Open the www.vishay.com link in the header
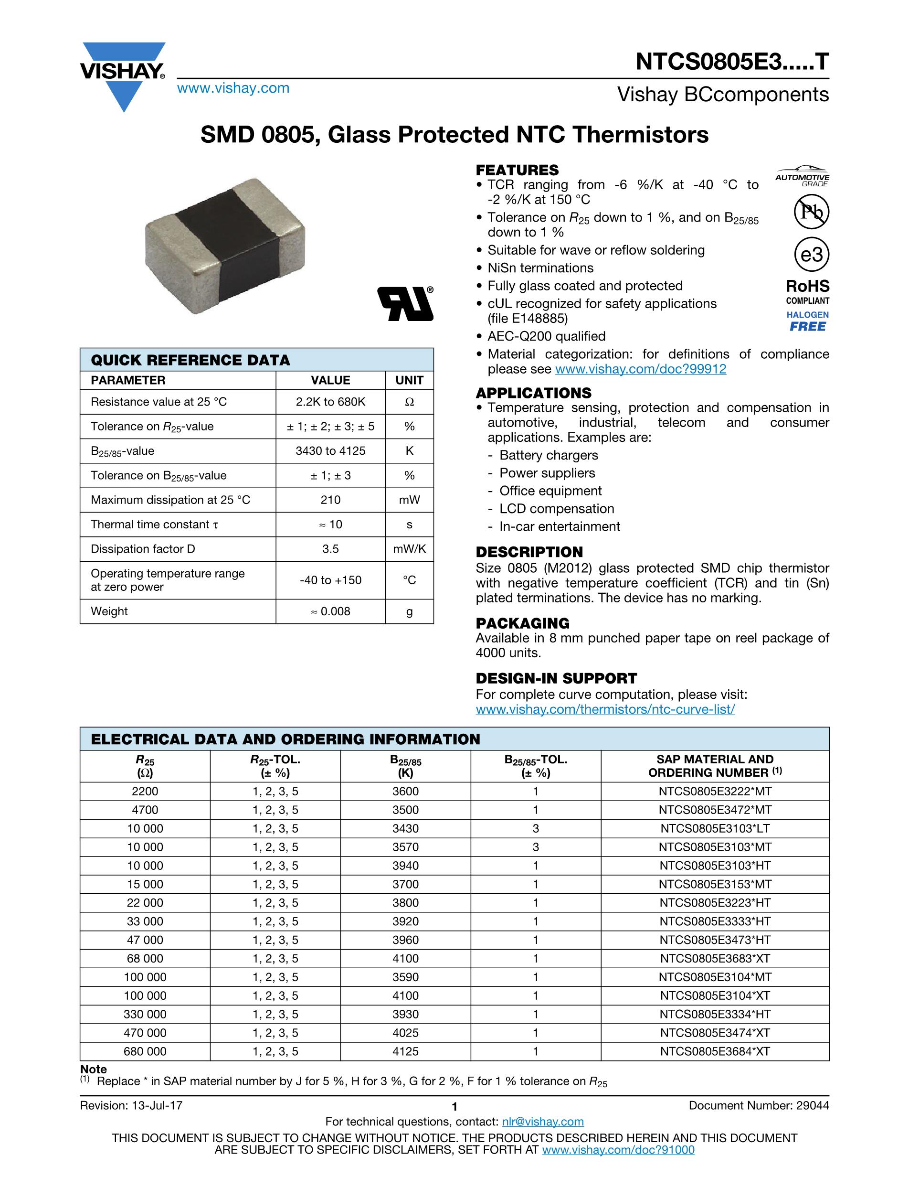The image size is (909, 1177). pos(233,88)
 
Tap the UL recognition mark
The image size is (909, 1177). pos(405,304)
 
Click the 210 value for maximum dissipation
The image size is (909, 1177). pos(330,500)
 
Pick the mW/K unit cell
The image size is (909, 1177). pos(409,549)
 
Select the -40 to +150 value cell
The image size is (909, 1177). pos(330,580)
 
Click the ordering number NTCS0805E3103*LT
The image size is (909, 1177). pos(715,829)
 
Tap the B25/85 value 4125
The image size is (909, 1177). pos(405,1051)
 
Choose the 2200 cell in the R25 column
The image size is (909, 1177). pos(145,792)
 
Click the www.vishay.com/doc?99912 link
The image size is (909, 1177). pos(640,369)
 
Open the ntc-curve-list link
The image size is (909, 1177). pos(605,709)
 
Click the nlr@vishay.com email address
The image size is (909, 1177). pos(542,1122)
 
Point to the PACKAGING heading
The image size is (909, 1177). pos(522,623)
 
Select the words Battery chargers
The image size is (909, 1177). pos(548,455)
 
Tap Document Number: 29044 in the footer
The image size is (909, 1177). pos(759,1106)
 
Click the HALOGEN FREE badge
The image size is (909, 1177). pos(807,321)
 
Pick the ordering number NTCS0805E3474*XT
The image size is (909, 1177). pos(715,1033)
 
